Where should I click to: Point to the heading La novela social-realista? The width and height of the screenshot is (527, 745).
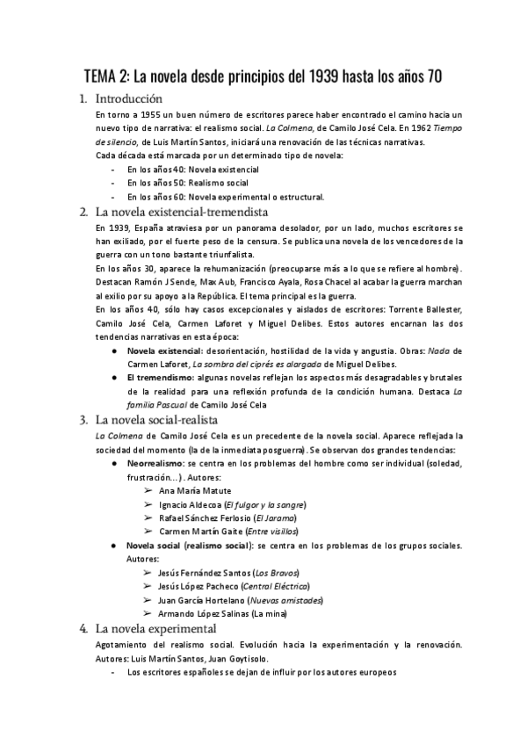pos(156,419)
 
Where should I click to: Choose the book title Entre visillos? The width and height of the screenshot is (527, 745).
pos(273,532)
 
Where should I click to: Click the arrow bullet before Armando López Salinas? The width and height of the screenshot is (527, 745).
pos(147,613)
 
